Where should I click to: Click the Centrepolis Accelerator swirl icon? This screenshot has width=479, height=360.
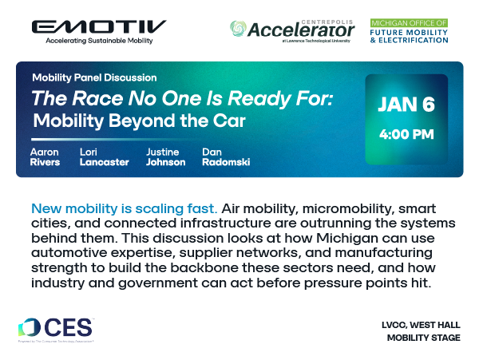(x=238, y=29)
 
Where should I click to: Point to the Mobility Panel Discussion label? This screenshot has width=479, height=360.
(x=94, y=78)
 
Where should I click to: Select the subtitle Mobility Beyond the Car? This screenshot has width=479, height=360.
(x=139, y=122)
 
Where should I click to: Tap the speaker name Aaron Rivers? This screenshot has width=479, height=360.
(x=46, y=156)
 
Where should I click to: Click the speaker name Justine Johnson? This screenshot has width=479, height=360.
(x=165, y=156)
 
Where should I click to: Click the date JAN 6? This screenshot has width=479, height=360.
(x=406, y=105)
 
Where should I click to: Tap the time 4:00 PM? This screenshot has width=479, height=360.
(x=406, y=133)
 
